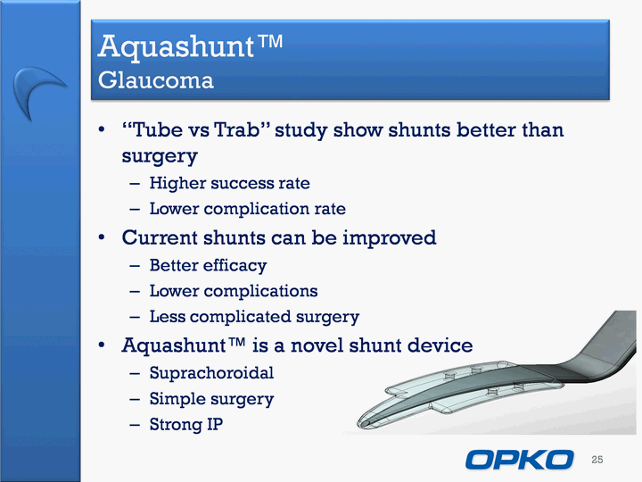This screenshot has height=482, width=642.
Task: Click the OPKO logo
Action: tap(519, 460)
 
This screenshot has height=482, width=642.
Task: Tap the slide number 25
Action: tap(597, 460)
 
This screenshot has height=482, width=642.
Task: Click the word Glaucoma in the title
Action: tap(155, 80)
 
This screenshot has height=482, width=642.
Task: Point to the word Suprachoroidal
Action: tap(211, 373)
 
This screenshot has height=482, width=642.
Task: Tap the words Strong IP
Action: tap(186, 424)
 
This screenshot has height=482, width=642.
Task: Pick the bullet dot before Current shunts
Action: tap(102, 237)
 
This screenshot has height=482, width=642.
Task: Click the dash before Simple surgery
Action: tap(135, 399)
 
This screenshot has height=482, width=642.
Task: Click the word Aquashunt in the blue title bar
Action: tap(177, 46)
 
